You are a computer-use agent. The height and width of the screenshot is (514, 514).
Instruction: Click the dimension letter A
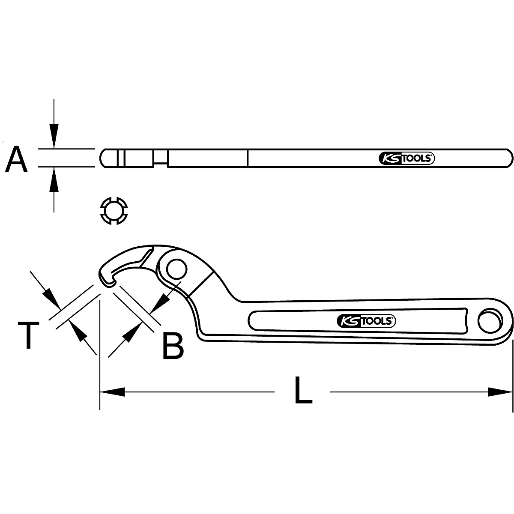click(17, 159)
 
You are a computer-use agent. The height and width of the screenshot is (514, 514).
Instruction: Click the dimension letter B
click(173, 346)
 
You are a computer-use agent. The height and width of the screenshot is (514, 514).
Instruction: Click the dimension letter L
click(303, 390)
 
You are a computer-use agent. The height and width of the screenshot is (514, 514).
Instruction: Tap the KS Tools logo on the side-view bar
click(407, 158)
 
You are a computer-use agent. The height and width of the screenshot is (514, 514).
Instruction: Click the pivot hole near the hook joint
click(177, 270)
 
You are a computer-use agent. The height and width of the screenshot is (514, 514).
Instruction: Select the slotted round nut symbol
click(114, 210)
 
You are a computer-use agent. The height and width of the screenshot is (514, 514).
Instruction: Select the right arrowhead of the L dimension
click(501, 391)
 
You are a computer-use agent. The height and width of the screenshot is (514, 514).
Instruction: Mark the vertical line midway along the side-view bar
click(248, 158)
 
